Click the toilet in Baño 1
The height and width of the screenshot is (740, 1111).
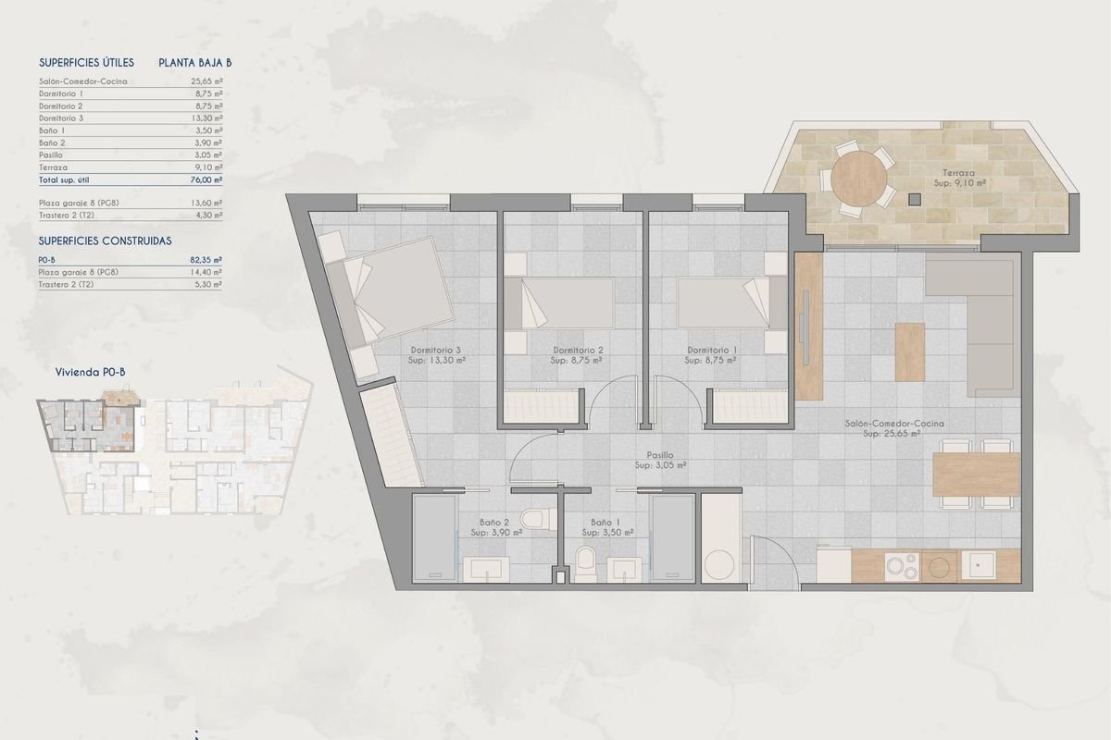click(585, 563)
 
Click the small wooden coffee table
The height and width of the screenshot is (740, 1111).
click(909, 351)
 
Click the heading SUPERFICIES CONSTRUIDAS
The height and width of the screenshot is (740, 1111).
click(105, 240)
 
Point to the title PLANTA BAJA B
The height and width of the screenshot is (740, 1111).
click(194, 63)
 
